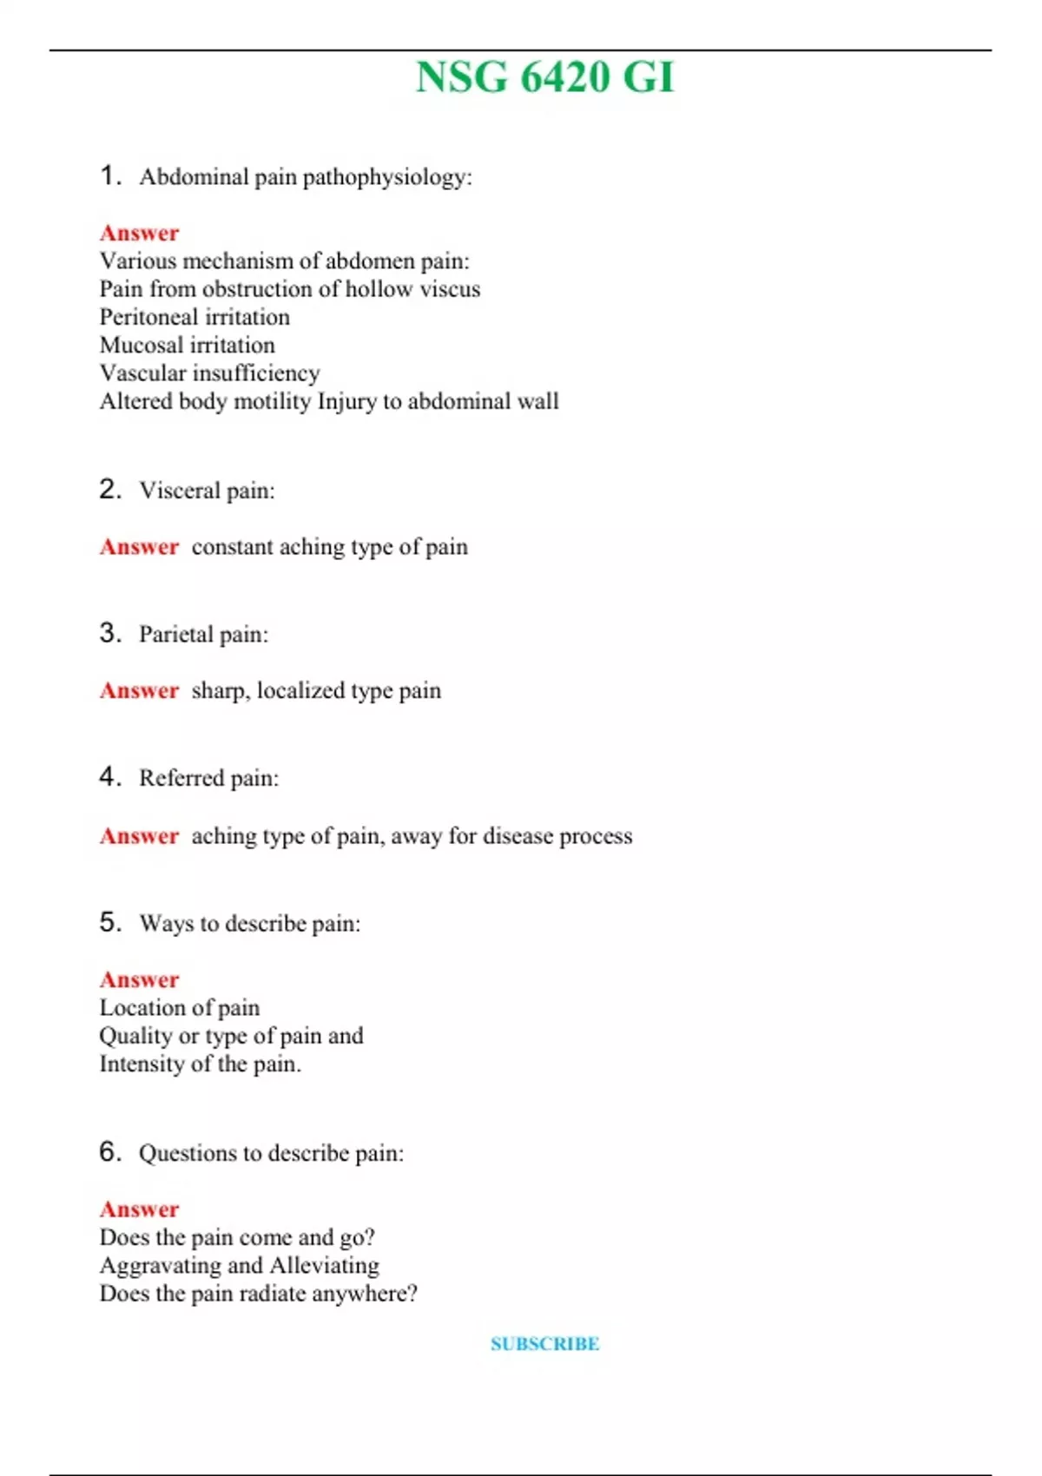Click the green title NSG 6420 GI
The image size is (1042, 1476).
544,77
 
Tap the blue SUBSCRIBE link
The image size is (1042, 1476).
544,1343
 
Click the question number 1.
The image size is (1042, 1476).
109,175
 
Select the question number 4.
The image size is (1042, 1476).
109,776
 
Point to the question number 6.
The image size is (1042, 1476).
109,1151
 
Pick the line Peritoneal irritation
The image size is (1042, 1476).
195,317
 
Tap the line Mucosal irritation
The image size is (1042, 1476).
187,345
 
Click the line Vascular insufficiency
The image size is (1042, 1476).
209,373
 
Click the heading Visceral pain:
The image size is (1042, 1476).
207,491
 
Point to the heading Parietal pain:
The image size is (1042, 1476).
203,635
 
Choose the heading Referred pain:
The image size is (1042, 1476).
208,778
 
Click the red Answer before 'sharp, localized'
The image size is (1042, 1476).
139,690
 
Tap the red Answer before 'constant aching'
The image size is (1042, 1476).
139,547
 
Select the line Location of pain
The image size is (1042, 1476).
179,1008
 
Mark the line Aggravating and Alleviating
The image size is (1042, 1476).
239,1266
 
